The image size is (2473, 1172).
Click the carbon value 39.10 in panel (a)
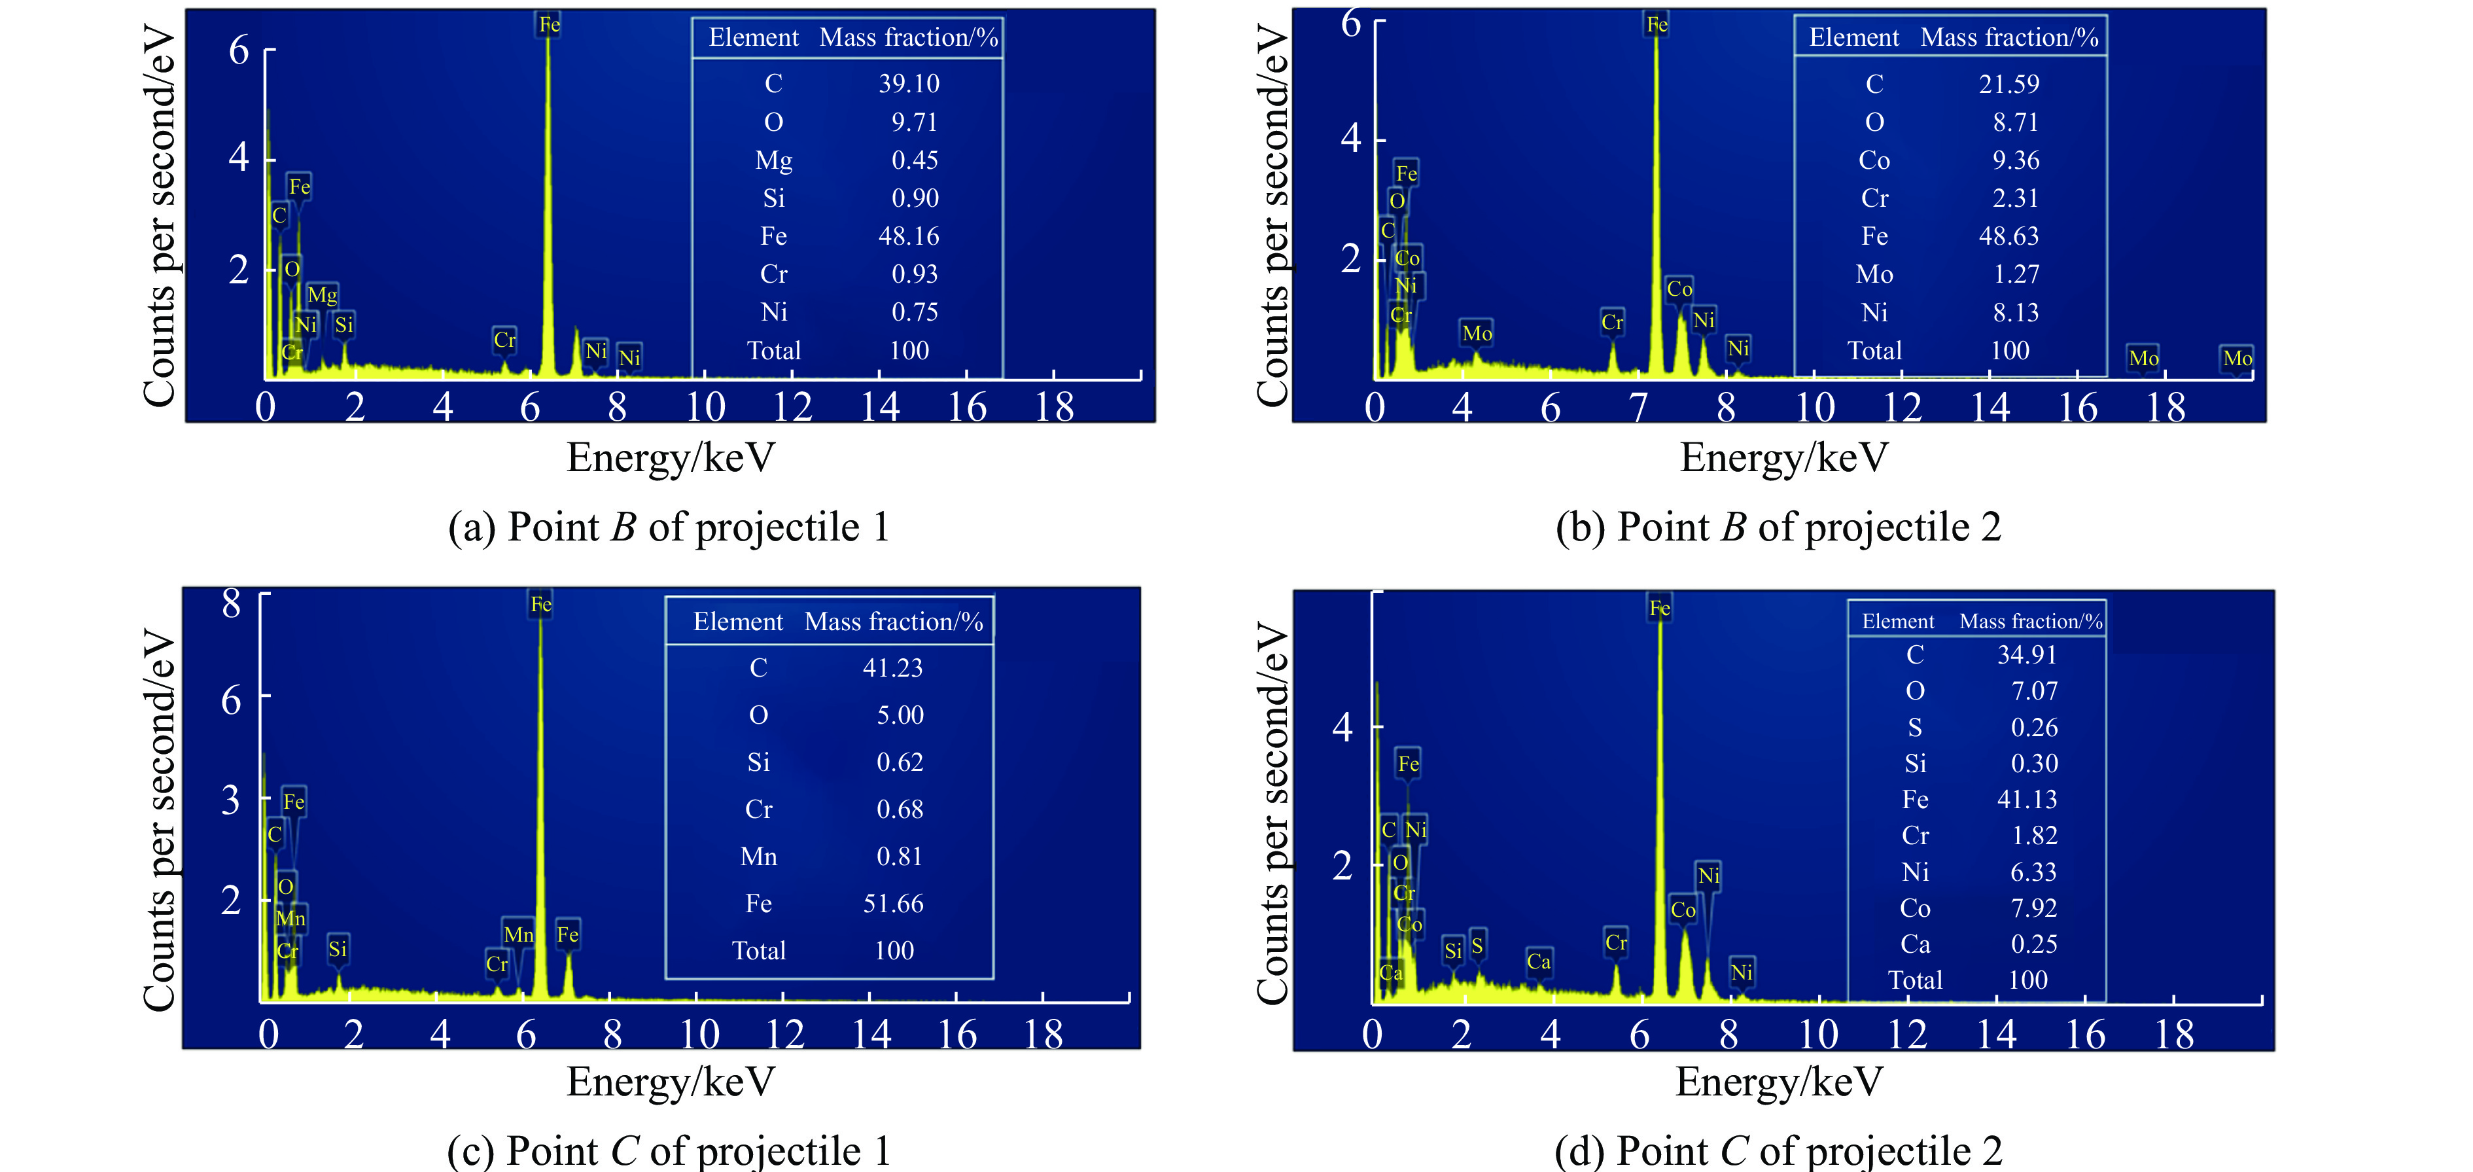[908, 84]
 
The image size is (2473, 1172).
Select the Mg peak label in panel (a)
[323, 294]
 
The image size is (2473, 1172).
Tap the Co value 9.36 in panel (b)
[2015, 160]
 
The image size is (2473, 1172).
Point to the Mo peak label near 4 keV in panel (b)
[1477, 333]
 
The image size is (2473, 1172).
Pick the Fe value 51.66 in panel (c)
[893, 903]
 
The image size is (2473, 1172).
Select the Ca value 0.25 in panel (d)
[2033, 944]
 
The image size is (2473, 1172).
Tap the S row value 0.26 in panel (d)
[2033, 728]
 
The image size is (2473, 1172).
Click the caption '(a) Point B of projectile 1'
[669, 527]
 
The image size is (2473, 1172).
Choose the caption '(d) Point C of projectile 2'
[1778, 1150]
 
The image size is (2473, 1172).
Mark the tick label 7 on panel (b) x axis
[1638, 408]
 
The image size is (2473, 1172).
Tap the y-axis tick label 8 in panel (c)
[232, 604]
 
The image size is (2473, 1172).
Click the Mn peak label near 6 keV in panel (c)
[518, 934]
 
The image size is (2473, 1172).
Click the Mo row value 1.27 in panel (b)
[2015, 275]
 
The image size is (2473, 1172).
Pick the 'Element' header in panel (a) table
[754, 37]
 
